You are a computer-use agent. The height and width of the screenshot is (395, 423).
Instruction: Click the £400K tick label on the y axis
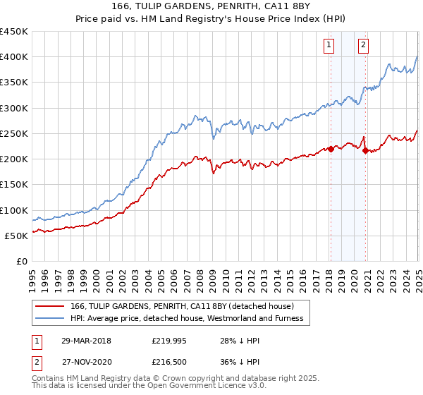point(14,57)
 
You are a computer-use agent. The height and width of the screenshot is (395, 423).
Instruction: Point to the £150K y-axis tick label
point(14,185)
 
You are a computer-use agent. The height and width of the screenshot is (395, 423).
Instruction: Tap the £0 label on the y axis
point(22,262)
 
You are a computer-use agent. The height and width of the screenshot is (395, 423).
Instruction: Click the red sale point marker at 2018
point(330,149)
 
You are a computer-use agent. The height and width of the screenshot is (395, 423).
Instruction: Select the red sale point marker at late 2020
point(364,150)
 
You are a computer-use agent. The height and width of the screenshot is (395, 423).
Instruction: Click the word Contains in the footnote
point(49,379)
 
